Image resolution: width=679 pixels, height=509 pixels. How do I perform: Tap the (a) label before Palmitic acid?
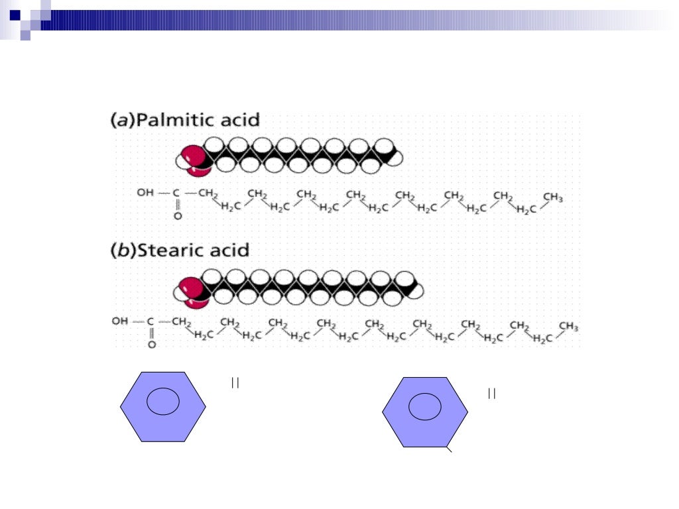click(x=121, y=121)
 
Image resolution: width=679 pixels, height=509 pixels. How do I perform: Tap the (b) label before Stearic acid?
click(x=122, y=251)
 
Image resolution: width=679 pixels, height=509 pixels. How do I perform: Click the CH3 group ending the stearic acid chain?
click(x=568, y=326)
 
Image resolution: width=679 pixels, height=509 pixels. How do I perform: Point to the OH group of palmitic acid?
click(x=145, y=194)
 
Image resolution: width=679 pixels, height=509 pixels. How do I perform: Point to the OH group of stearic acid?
click(x=120, y=321)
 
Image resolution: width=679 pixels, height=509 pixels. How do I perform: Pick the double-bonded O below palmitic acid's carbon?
click(x=177, y=216)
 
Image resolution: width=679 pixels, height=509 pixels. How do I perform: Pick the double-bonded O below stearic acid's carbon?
click(x=151, y=345)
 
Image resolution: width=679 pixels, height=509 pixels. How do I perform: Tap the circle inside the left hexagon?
click(x=163, y=402)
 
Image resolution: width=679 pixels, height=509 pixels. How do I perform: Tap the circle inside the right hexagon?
click(x=425, y=406)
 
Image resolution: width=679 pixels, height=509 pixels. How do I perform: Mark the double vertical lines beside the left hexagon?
click(x=235, y=382)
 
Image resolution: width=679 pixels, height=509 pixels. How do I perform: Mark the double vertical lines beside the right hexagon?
click(x=491, y=394)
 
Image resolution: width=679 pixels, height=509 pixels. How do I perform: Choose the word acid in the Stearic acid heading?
click(x=227, y=251)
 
